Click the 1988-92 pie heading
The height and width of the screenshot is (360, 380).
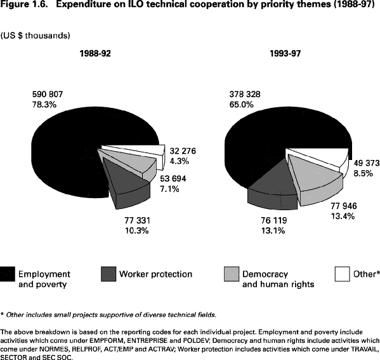tap(95, 53)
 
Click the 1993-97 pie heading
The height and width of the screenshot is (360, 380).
tap(285, 53)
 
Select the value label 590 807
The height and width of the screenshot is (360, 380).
tap(48, 94)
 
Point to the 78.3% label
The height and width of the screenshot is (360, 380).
tap(44, 105)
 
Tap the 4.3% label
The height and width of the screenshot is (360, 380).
tap(180, 161)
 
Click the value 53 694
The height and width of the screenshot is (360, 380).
tap(173, 178)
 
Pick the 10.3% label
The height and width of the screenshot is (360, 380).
tap(137, 230)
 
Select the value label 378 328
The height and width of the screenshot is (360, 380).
tap(245, 94)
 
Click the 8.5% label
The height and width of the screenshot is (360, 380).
tap(363, 173)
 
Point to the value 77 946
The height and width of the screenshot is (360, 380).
tap(344, 206)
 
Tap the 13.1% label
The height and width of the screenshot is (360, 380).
tap(273, 230)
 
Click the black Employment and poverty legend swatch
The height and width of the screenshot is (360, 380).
tap(8, 274)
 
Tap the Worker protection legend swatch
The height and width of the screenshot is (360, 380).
tap(108, 274)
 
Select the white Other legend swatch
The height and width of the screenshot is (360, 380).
tap(343, 274)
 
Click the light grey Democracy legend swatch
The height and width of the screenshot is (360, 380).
tap(232, 274)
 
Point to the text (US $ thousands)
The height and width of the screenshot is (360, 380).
tap(35, 36)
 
